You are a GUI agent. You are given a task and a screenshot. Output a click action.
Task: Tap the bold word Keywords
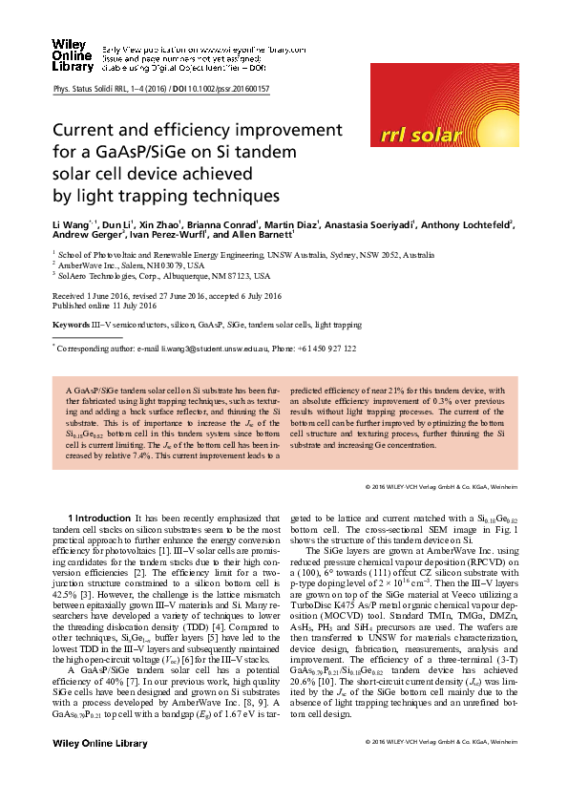(69, 325)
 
